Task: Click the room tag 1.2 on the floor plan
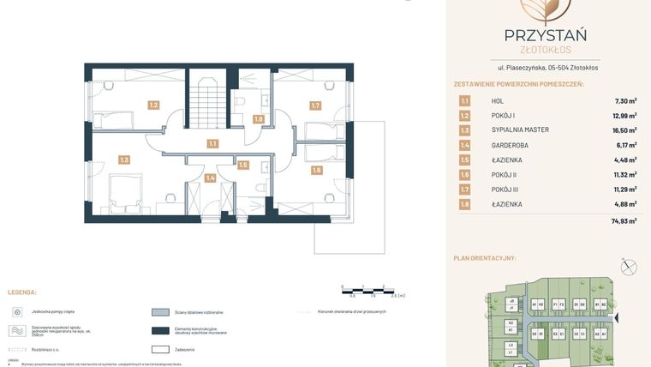153,105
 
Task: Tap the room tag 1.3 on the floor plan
124,159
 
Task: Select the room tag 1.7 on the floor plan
315,106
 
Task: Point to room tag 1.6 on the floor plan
316,170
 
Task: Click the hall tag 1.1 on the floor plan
212,144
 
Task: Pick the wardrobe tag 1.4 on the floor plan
210,178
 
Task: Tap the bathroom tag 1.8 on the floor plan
258,119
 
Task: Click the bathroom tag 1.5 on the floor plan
243,165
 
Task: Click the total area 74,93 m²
624,220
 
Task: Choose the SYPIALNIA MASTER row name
520,130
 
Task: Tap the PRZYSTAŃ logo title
545,35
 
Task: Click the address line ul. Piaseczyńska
547,67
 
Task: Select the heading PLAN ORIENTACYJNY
496,258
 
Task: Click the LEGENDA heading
22,292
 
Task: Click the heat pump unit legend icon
16,312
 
